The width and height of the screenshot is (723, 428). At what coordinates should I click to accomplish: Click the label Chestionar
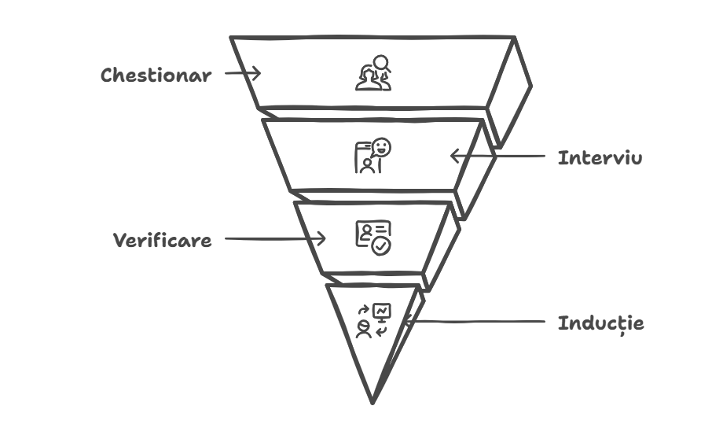click(x=156, y=76)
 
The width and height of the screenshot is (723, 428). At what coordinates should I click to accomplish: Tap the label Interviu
click(x=600, y=158)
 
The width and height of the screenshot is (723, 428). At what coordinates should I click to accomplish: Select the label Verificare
click(x=162, y=241)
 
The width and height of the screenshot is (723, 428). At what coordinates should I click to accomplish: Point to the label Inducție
click(x=601, y=323)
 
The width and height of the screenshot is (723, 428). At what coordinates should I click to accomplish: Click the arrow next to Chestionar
click(x=242, y=73)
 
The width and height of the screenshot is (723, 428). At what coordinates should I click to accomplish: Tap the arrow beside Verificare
click(x=275, y=238)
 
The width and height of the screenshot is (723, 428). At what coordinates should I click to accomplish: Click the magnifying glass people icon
click(x=373, y=72)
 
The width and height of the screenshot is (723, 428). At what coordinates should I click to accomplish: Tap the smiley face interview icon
click(x=373, y=155)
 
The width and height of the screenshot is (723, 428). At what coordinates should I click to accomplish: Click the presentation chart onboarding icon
click(x=373, y=320)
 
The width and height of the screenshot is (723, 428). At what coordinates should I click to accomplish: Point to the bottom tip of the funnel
click(x=373, y=401)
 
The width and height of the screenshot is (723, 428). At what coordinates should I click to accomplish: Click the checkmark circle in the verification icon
click(x=381, y=245)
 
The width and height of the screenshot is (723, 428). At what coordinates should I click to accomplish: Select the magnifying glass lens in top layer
click(x=380, y=62)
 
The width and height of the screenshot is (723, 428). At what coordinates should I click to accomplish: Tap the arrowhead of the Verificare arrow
click(x=321, y=238)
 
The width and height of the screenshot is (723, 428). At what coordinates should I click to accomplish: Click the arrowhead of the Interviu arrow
click(x=454, y=156)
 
